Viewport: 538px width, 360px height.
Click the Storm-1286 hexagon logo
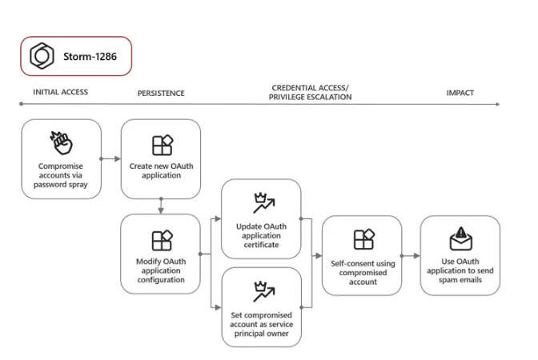pyautogui.click(x=42, y=56)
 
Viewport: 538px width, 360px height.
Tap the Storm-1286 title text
pyautogui.click(x=90, y=57)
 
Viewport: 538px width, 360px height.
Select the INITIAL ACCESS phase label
pyautogui.click(x=60, y=92)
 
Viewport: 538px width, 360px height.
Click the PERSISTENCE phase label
pyautogui.click(x=161, y=94)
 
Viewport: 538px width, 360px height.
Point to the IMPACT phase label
pyautogui.click(x=460, y=93)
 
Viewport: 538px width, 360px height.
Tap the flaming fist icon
pyautogui.click(x=61, y=143)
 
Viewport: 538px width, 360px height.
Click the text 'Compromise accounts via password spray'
pyautogui.click(x=60, y=175)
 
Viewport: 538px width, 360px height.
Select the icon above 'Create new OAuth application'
pyautogui.click(x=163, y=146)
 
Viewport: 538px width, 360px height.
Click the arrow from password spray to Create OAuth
pyautogui.click(x=110, y=158)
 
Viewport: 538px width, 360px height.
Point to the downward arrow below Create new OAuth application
pyautogui.click(x=161, y=206)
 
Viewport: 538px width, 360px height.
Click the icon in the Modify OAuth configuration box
pyautogui.click(x=162, y=240)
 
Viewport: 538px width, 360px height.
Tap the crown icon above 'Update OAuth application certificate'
pyautogui.click(x=264, y=203)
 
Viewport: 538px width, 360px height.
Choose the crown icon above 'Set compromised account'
pyautogui.click(x=264, y=291)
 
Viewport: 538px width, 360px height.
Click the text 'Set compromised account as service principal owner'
pyautogui.click(x=262, y=324)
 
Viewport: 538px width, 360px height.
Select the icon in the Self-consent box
pyautogui.click(x=363, y=239)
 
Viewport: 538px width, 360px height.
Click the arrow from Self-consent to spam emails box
pyautogui.click(x=411, y=256)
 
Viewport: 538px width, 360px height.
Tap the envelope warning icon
pyautogui.click(x=461, y=238)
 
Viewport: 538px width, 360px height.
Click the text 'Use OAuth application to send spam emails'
pyautogui.click(x=460, y=270)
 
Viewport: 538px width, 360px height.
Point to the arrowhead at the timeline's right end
pyautogui.click(x=498, y=104)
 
